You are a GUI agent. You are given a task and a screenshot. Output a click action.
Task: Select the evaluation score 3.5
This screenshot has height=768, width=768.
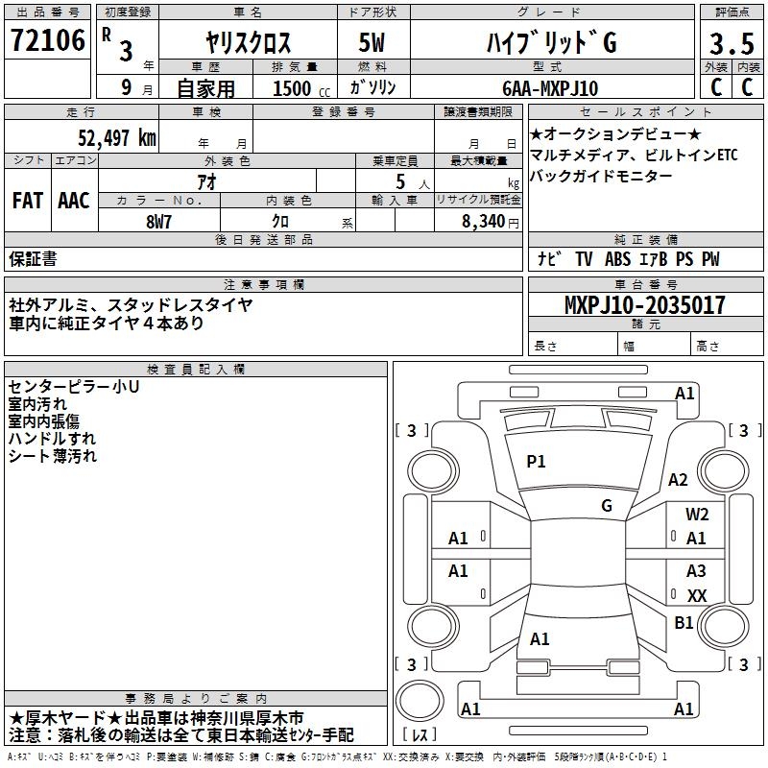[731, 44]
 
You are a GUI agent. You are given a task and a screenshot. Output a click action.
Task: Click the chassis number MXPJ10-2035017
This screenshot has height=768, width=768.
[644, 306]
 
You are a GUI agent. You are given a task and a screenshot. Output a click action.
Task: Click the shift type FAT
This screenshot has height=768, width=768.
[27, 200]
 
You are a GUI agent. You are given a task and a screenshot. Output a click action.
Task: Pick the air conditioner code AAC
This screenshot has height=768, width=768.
[74, 200]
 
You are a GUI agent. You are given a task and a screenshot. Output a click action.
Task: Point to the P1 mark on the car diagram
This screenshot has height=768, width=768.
[536, 462]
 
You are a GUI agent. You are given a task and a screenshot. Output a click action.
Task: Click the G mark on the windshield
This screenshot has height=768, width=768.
[607, 506]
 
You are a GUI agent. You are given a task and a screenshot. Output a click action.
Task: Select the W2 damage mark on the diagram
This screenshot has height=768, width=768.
[697, 515]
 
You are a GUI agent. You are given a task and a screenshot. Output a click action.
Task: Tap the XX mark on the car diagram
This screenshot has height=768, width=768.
[697, 596]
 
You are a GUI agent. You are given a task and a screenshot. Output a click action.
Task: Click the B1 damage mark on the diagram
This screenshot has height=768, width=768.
[684, 623]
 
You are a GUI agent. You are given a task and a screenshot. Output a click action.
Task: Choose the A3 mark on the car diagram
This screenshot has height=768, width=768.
[696, 571]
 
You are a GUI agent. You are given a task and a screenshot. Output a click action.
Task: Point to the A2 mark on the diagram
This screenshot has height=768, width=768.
[679, 480]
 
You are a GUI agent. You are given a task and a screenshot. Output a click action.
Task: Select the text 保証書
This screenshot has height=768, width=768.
[33, 259]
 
